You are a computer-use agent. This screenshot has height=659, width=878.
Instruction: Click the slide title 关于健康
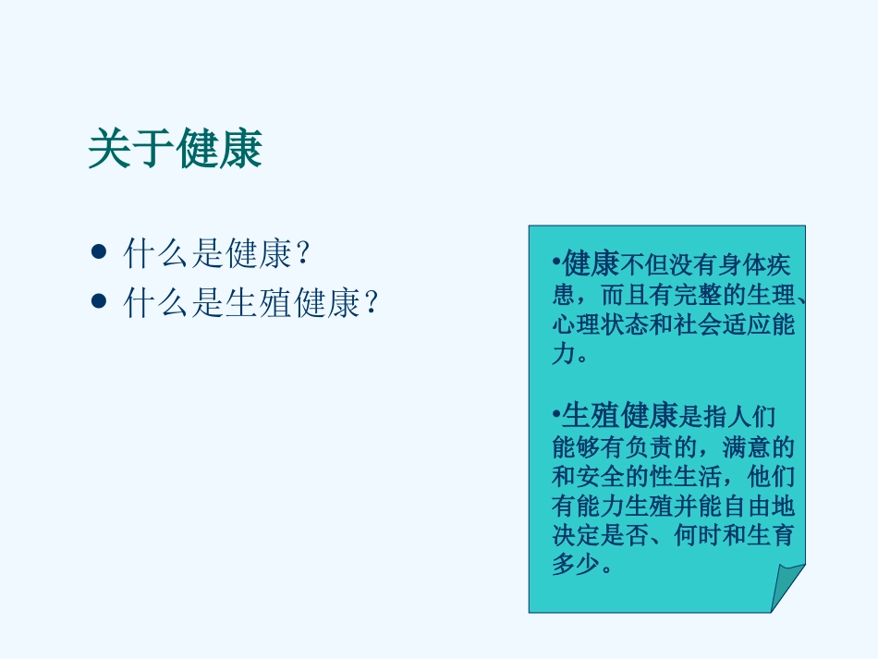(x=176, y=149)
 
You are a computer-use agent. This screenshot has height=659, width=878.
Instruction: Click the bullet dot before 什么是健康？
(x=100, y=252)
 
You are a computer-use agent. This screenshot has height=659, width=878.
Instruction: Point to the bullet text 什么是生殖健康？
(x=251, y=302)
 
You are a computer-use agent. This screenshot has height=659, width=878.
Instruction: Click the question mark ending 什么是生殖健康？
(x=372, y=302)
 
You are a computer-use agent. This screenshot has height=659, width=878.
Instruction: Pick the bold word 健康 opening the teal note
(x=591, y=265)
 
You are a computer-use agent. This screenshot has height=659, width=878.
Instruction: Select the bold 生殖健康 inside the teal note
(x=620, y=415)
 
